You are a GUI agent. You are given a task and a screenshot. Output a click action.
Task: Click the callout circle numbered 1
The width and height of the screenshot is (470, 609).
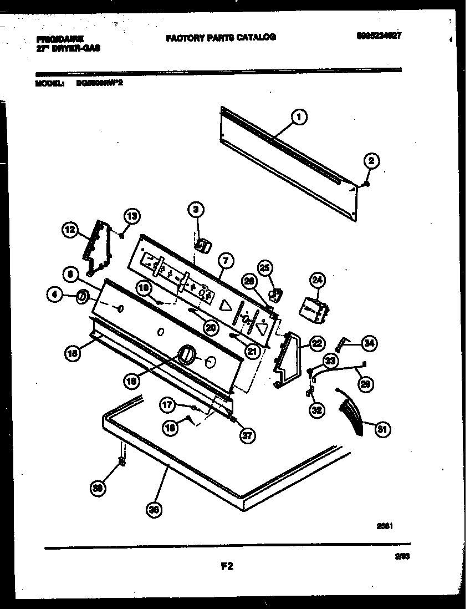coord(299,116)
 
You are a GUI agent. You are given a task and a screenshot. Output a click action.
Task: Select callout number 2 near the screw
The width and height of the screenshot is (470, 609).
coord(371,161)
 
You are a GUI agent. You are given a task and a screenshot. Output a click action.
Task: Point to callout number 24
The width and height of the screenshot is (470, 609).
coord(316,281)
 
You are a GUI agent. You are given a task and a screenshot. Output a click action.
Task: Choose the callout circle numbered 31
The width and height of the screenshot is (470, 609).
coord(381,428)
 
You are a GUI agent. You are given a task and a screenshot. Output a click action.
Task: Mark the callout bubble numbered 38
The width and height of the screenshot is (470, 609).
coord(98,488)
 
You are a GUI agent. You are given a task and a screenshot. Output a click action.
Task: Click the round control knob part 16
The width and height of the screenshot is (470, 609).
coord(186,353)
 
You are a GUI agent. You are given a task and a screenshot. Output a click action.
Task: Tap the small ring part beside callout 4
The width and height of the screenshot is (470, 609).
coord(81,297)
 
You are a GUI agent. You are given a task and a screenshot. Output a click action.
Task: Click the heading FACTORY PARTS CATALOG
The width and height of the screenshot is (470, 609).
coord(221,37)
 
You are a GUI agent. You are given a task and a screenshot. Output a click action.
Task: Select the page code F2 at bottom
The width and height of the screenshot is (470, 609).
coord(227,566)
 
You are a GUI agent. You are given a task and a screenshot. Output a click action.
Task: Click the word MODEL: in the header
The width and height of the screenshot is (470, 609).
coord(49,84)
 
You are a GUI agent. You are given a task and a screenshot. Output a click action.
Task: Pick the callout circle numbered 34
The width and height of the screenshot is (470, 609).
coord(369,344)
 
